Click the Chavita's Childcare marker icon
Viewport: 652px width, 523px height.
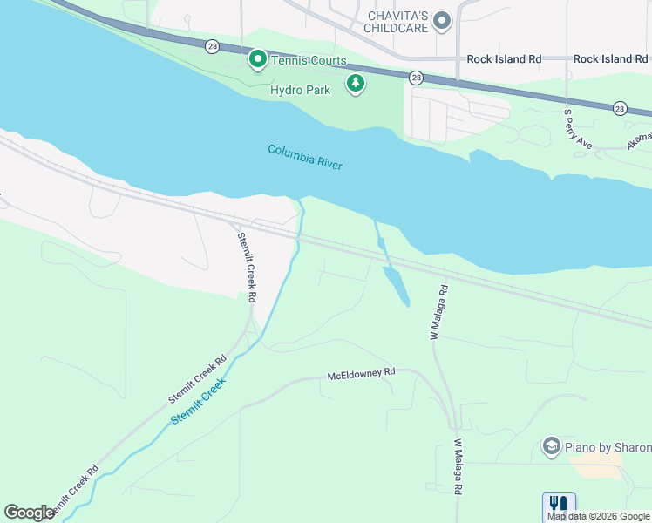click(443, 20)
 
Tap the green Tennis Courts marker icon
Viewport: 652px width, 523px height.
click(258, 60)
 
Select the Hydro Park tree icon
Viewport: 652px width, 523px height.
click(355, 84)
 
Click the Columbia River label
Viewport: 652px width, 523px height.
click(305, 158)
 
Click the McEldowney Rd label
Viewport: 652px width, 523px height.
click(361, 374)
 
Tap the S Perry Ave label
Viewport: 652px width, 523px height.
click(577, 129)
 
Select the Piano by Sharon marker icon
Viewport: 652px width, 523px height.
click(551, 447)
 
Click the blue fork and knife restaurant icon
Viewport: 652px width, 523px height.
click(558, 505)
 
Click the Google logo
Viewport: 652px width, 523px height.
click(29, 513)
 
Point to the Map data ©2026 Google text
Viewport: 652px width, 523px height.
click(598, 516)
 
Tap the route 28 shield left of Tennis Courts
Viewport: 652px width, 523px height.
click(212, 47)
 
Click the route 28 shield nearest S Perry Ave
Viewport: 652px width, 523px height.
click(619, 108)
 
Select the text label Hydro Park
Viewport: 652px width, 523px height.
click(300, 90)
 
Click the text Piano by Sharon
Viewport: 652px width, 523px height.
click(608, 448)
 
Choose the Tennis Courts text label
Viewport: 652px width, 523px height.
click(308, 61)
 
